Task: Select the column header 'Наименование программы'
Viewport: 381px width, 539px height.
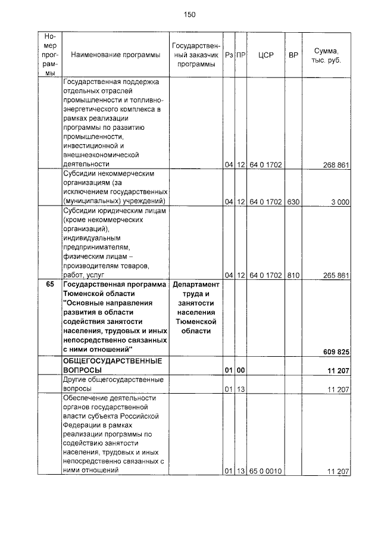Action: click(115, 55)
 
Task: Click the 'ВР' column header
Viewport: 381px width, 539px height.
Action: click(293, 55)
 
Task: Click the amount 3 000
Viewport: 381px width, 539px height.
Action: click(340, 202)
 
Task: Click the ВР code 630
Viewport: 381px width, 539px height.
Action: click(293, 202)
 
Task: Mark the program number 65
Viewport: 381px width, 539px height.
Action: click(50, 285)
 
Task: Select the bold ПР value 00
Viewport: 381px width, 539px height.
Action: click(241, 370)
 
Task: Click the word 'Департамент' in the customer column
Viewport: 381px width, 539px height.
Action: click(196, 285)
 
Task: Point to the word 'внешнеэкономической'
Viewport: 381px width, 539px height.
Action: click(100, 154)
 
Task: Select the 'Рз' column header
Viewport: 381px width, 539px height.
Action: click(229, 55)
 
